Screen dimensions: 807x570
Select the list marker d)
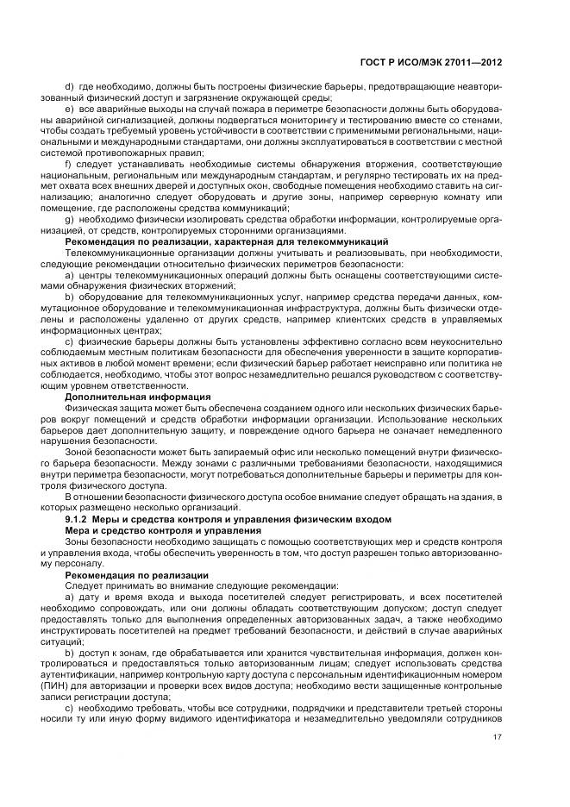70,87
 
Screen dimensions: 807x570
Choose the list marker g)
70,221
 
